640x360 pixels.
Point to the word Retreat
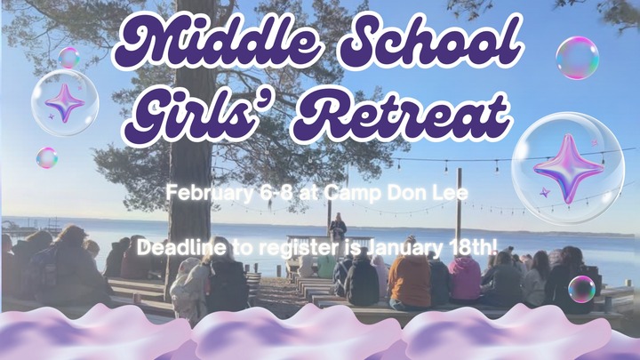click(404, 112)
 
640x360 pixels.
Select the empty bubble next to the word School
click(577, 57)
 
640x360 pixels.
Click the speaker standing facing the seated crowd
click(338, 228)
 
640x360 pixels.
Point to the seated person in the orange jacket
click(409, 277)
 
